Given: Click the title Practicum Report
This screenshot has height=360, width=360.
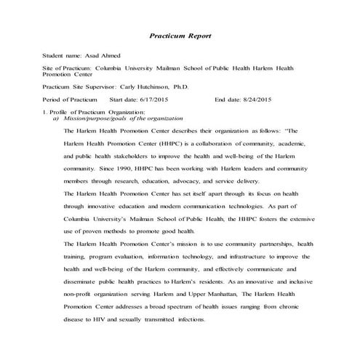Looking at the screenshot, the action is click(180, 35).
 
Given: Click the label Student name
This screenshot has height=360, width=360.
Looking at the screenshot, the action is click(61, 55).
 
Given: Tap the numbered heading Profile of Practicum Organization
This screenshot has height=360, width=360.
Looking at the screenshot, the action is click(97, 111).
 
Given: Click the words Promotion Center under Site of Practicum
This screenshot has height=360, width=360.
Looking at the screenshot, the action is click(71, 74).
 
